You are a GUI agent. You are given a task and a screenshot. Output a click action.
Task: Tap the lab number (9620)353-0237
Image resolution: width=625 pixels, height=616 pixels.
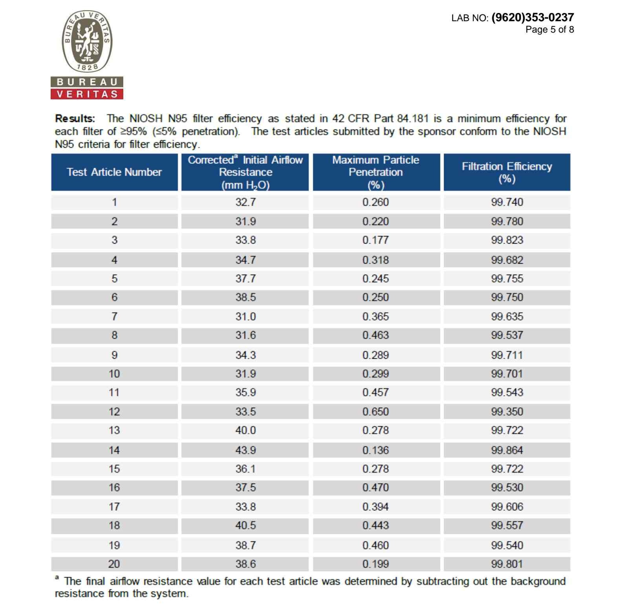pos(532,17)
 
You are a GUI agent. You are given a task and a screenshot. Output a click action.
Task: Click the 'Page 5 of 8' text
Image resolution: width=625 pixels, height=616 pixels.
pos(549,29)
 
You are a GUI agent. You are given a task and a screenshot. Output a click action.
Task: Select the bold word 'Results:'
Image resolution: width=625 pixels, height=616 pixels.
pos(75,118)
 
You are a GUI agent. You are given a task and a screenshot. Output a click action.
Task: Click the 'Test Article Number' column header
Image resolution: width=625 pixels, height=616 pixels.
pos(114,172)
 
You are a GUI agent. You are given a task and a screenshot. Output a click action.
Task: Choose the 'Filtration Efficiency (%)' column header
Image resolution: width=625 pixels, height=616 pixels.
pos(507,172)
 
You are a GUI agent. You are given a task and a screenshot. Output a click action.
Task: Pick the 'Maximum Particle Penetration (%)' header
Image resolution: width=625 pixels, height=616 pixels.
pos(376,172)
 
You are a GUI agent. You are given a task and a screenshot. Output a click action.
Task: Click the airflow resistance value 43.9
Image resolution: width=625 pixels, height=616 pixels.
pos(245,450)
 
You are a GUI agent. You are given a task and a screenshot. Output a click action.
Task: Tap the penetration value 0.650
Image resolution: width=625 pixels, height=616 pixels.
pos(376,412)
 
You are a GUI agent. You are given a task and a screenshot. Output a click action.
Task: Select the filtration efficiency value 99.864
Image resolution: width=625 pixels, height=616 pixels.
pos(507,450)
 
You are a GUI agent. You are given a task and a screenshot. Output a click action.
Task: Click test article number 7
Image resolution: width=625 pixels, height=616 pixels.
pos(114,317)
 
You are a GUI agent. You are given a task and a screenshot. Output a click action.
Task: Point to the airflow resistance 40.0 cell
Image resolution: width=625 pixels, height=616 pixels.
pos(245,431)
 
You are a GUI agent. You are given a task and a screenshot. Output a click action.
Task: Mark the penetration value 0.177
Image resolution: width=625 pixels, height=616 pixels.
pos(376,240)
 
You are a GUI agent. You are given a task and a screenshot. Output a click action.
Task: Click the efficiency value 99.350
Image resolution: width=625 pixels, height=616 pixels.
pos(507,412)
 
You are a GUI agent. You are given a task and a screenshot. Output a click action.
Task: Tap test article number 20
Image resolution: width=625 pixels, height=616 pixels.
pos(114,564)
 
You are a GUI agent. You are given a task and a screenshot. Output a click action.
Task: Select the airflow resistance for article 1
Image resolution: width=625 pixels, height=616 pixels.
pos(245,202)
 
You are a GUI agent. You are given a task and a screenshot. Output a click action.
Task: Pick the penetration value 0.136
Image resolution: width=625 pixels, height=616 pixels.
pos(376,450)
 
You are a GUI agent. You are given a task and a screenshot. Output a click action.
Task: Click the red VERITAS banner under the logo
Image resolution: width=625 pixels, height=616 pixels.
pos(87,94)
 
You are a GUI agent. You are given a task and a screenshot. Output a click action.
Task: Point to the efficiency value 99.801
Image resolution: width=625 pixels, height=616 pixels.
pos(507,564)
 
